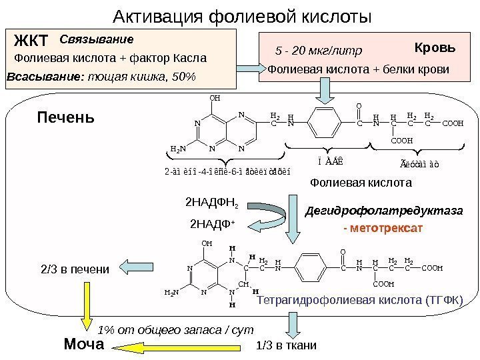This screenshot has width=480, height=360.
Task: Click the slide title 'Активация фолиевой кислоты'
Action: coord(241,15)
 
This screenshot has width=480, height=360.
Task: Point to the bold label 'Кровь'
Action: coord(435,48)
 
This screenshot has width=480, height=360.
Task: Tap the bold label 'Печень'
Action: coord(65,119)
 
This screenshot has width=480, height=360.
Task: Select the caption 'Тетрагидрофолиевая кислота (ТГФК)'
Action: coord(359,301)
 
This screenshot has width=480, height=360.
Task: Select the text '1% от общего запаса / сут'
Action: coord(176,329)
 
